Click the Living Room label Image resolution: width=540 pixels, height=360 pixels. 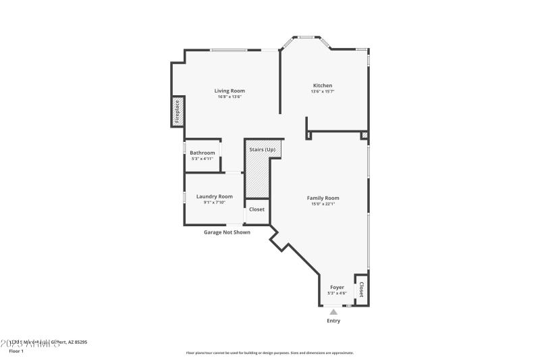[x=230, y=91]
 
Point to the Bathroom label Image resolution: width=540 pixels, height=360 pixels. [x=202, y=153]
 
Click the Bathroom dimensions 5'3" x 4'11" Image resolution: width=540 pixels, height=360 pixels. [x=202, y=159]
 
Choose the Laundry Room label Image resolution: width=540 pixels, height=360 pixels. [x=214, y=197]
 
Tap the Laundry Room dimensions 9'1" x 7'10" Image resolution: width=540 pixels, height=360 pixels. [x=214, y=203]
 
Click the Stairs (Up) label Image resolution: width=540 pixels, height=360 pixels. [x=262, y=149]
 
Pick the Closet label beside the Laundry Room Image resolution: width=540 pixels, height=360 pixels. [x=256, y=209]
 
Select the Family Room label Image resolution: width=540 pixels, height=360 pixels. [x=323, y=198]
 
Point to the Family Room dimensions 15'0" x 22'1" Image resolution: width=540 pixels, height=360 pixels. [x=323, y=204]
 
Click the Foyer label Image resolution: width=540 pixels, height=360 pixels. [x=337, y=287]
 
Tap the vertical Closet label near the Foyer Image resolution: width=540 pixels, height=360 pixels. [x=361, y=290]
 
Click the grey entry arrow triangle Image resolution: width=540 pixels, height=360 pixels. [x=333, y=311]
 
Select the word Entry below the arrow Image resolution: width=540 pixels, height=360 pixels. [x=333, y=321]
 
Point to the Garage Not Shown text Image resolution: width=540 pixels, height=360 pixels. [x=227, y=232]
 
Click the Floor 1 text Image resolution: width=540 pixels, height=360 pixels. [x=16, y=351]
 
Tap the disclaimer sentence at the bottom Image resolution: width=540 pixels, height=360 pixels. [x=269, y=353]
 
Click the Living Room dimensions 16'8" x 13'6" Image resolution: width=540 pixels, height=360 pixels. [x=230, y=97]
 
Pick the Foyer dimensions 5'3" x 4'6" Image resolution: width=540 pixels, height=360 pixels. [x=337, y=293]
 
